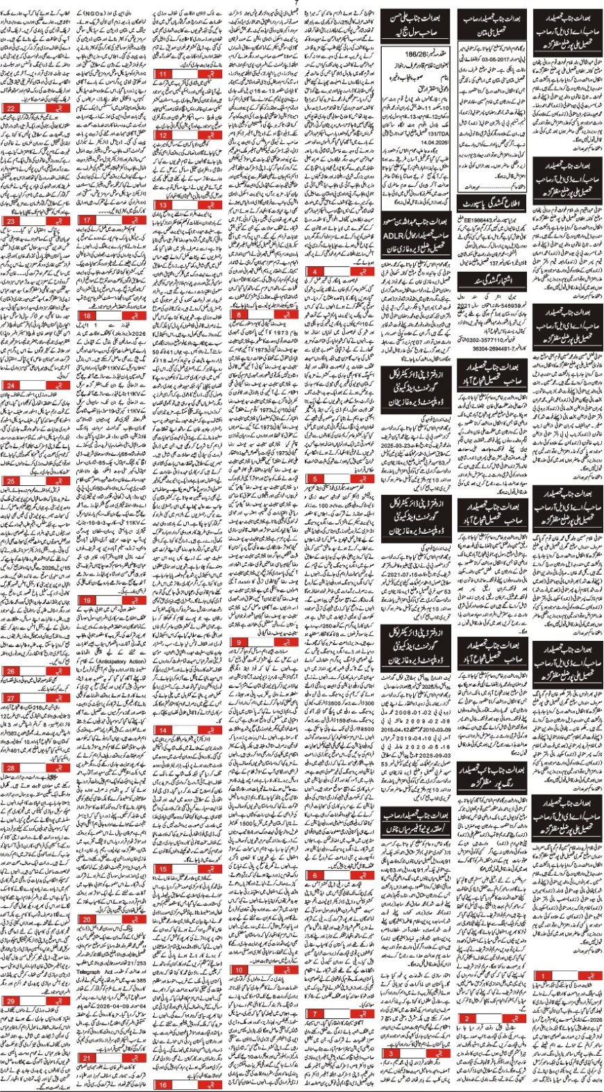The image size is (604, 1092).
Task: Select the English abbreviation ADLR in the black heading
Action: coord(394,237)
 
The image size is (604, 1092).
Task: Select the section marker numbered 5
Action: coord(316,479)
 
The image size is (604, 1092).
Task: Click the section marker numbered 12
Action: coord(163,136)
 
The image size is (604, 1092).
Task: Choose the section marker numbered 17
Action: coord(87,220)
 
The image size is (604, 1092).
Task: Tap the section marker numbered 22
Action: coord(11,108)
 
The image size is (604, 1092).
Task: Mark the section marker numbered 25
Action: coord(11,481)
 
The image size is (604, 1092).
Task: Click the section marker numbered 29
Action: coord(11,1002)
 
